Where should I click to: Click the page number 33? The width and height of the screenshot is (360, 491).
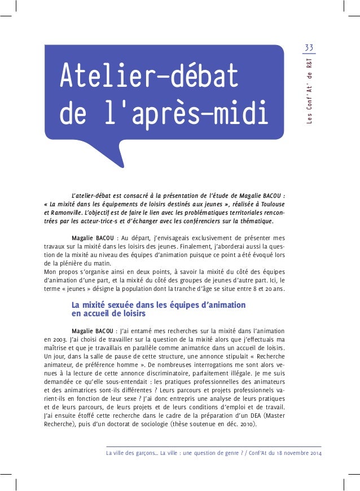[309, 46]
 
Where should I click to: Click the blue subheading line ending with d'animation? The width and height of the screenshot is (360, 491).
[159, 305]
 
